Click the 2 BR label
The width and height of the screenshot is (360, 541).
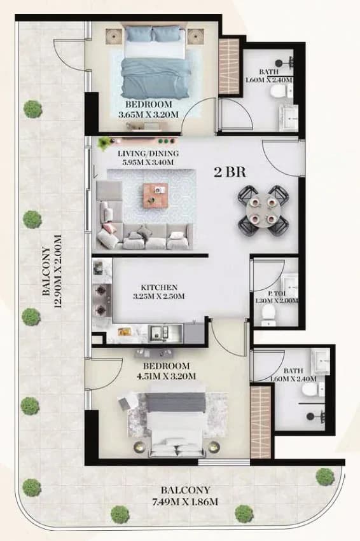230,172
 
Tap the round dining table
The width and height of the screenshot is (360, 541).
263,210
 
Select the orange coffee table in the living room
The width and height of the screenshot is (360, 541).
155,195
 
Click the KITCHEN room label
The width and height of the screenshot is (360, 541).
159,287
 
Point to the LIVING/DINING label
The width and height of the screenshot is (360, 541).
148,154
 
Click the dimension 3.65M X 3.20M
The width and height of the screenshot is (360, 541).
148,114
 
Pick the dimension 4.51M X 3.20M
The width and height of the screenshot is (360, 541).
167,376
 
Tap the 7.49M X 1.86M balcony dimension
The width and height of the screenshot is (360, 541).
185,502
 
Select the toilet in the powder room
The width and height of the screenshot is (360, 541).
268,315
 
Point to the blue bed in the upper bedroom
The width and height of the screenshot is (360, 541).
155,62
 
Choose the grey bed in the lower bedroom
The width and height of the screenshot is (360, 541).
176,425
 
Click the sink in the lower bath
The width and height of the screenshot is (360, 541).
320,361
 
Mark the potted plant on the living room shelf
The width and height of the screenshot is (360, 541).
104,142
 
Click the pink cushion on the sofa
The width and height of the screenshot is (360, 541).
108,228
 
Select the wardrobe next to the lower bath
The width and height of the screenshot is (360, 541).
261,422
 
